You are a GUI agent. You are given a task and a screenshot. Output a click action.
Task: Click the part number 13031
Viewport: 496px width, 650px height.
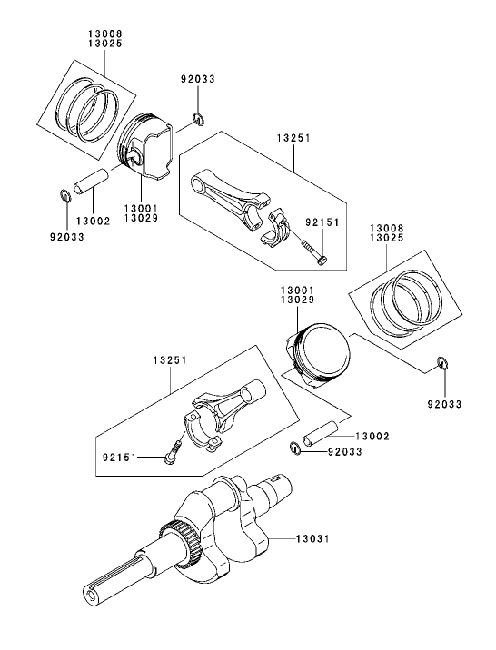pyautogui.click(x=311, y=538)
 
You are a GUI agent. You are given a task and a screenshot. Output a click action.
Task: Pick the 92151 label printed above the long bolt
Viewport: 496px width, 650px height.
pyautogui.click(x=322, y=222)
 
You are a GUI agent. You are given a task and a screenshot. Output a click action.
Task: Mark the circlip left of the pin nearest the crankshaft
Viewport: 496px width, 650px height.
pyautogui.click(x=297, y=445)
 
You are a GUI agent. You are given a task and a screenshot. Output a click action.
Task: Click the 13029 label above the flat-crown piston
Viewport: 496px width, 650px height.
pyautogui.click(x=298, y=299)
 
